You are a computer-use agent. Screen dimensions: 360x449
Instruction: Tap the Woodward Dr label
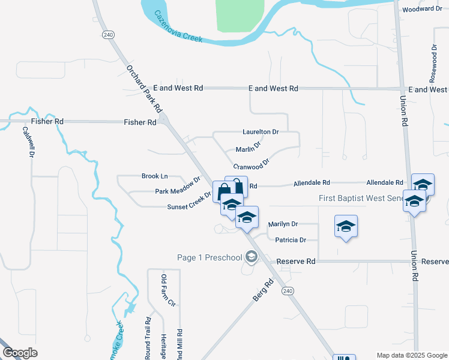[422, 9]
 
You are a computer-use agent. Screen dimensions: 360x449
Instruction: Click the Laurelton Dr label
[261, 131]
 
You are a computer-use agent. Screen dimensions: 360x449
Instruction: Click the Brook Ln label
[154, 176]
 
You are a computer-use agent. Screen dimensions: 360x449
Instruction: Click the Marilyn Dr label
[283, 224]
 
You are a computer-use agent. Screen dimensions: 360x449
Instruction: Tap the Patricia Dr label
[291, 240]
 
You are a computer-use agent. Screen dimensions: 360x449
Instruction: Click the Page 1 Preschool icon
[252, 257]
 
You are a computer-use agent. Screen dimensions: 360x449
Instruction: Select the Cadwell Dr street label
[27, 142]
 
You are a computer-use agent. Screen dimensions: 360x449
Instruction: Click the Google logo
[20, 353]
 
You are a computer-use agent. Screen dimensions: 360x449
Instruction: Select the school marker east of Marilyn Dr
[346, 227]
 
